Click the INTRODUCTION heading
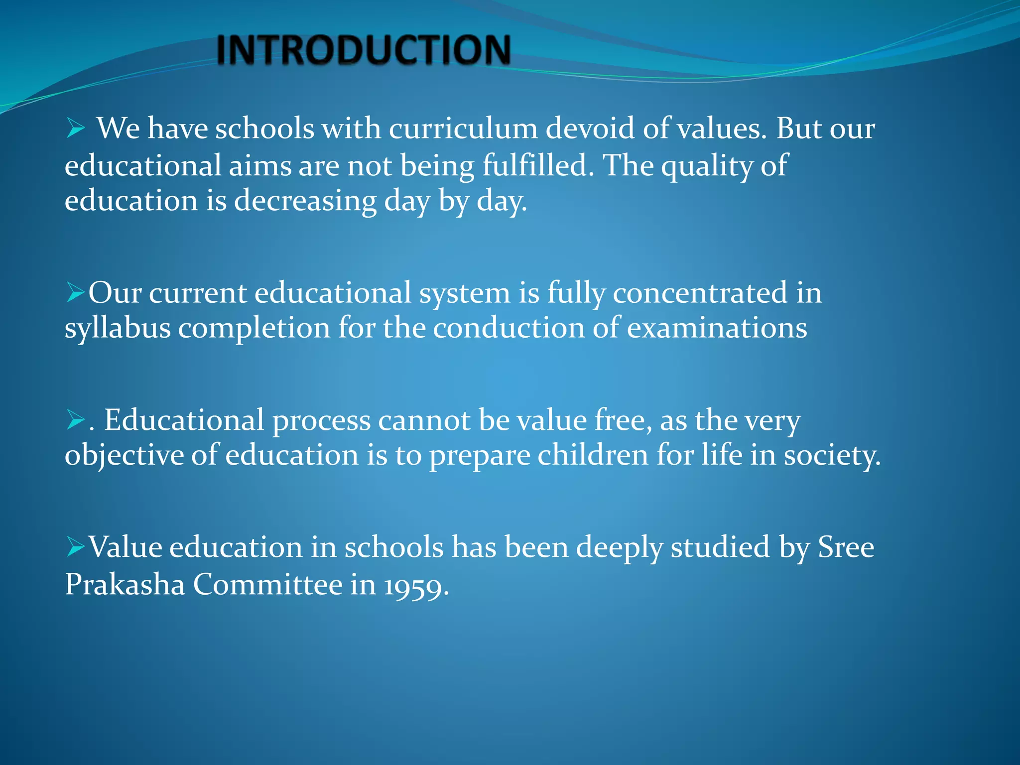pyautogui.click(x=364, y=50)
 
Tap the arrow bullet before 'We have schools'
pyautogui.click(x=76, y=129)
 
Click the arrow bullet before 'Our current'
pyautogui.click(x=76, y=293)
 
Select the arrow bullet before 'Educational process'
pyautogui.click(x=76, y=420)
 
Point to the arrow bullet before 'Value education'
pyautogui.click(x=76, y=547)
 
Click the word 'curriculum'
pyautogui.click(x=463, y=128)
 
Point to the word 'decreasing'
pyautogui.click(x=305, y=201)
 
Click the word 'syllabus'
pyautogui.click(x=118, y=329)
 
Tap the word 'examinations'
pyautogui.click(x=717, y=328)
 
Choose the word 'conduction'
pyautogui.click(x=509, y=328)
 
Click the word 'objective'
pyautogui.click(x=124, y=456)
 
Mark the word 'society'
pyautogui.click(x=832, y=456)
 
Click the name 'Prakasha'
pyautogui.click(x=125, y=584)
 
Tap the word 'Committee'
pyautogui.click(x=267, y=584)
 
